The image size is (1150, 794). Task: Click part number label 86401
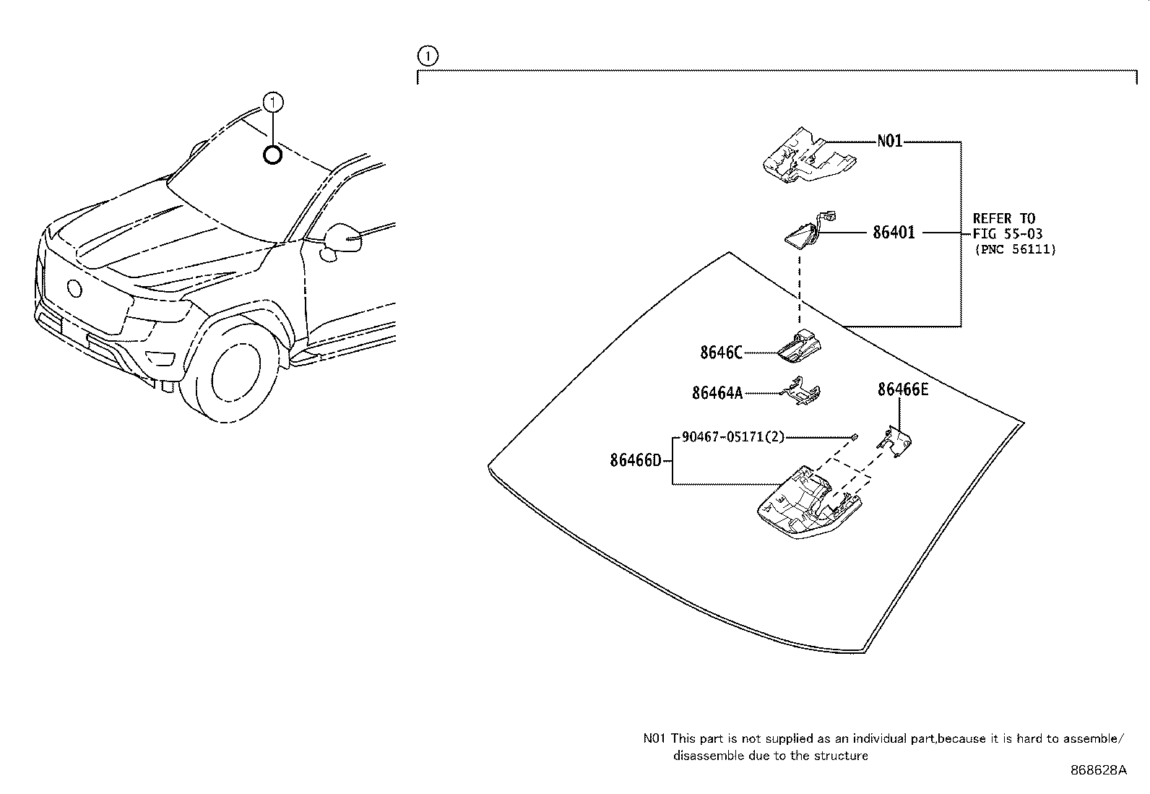(x=894, y=233)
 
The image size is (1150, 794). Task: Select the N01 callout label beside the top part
(x=889, y=142)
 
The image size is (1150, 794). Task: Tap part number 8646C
(x=720, y=353)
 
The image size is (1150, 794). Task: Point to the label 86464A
(x=717, y=392)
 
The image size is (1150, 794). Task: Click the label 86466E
(x=902, y=390)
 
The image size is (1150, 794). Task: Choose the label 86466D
(x=635, y=460)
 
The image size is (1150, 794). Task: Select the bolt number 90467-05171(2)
(x=732, y=437)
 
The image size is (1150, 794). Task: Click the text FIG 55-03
(x=1007, y=234)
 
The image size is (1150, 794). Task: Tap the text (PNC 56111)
(x=1014, y=249)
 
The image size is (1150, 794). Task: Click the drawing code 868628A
(x=1098, y=770)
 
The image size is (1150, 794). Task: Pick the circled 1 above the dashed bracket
(x=427, y=55)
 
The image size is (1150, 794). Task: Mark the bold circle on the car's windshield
(x=272, y=155)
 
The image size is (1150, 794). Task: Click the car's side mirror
(x=342, y=239)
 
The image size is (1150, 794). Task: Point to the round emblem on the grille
(x=74, y=288)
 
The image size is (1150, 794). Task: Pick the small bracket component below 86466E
(x=895, y=441)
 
